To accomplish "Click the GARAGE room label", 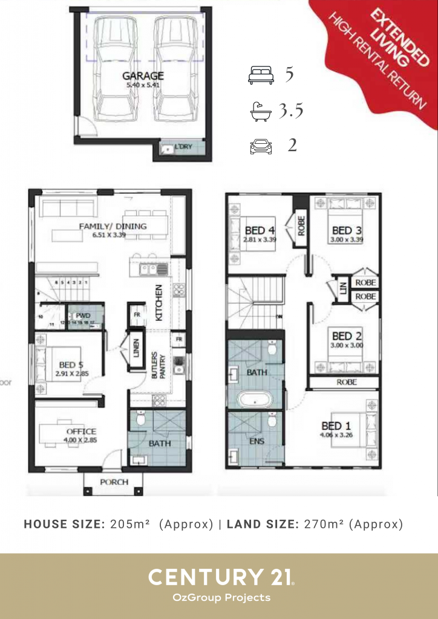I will (143, 76).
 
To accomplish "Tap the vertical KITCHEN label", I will (159, 302).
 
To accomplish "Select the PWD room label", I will (82, 315).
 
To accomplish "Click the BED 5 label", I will (71, 365).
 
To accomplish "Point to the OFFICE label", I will (81, 431).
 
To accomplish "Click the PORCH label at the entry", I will (114, 482).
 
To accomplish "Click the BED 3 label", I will (342, 230).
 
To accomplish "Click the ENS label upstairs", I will (257, 441).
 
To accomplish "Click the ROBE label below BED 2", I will (347, 382).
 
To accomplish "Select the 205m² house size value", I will (130, 524).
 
